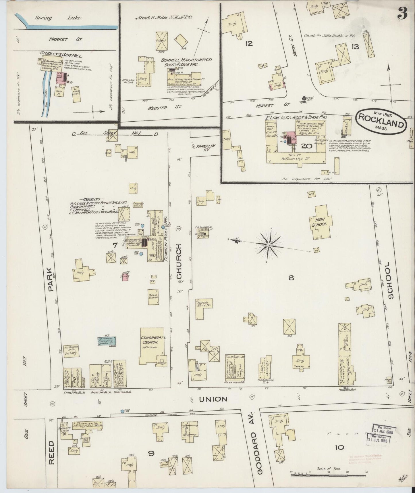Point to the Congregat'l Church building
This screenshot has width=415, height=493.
pos(152,345)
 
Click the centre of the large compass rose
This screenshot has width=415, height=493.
pos(269,245)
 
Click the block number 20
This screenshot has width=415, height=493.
pos(307,146)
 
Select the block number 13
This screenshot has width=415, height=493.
pos(356,47)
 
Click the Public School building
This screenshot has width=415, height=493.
pos(153,296)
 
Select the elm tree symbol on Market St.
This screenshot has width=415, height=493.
pos(303,100)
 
